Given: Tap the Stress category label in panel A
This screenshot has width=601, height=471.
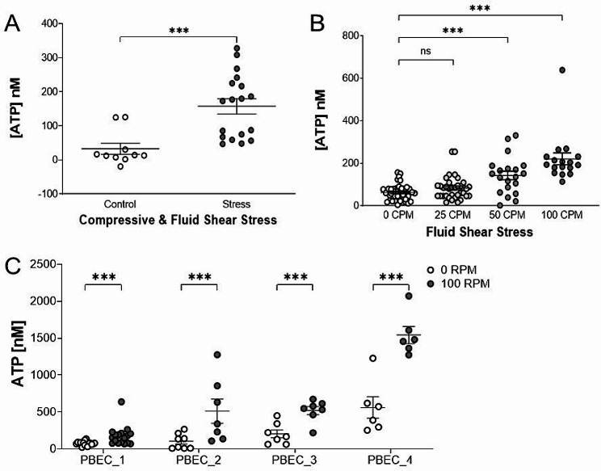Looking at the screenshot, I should (x=236, y=205).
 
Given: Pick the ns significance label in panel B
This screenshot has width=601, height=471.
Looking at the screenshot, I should (x=426, y=50).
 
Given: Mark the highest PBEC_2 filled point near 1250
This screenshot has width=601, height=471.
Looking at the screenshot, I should (x=218, y=355).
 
